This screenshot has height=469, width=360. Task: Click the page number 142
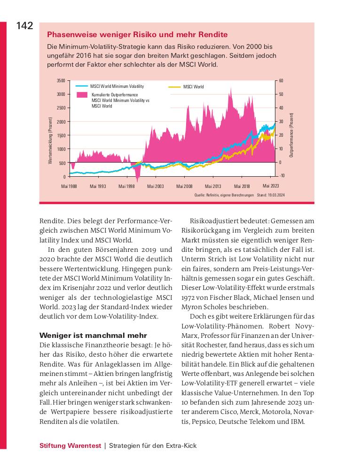[24, 26]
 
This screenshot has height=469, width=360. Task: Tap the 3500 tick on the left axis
[61, 81]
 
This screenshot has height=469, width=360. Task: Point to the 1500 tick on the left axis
[61, 135]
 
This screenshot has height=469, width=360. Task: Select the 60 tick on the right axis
[281, 81]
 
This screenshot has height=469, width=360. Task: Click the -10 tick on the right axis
[282, 176]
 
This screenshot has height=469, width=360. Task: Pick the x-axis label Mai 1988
[69, 187]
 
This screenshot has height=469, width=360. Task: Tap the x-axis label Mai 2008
[184, 187]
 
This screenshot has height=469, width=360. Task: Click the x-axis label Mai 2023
[271, 186]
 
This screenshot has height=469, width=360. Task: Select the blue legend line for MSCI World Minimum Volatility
[82, 86]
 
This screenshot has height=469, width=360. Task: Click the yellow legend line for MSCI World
[174, 87]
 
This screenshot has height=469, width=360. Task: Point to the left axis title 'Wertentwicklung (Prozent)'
[50, 141]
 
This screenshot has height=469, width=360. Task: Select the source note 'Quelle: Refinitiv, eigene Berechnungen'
[224, 195]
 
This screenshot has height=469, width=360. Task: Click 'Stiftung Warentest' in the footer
[70, 446]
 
